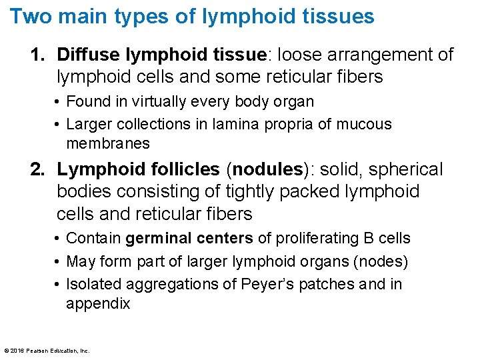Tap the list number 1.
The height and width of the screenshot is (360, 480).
coord(37,55)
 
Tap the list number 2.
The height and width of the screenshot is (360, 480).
coord(37,170)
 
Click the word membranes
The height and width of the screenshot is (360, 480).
coord(108,143)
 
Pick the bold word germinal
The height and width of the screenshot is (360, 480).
coord(155,239)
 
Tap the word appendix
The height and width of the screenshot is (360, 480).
coord(97,304)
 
